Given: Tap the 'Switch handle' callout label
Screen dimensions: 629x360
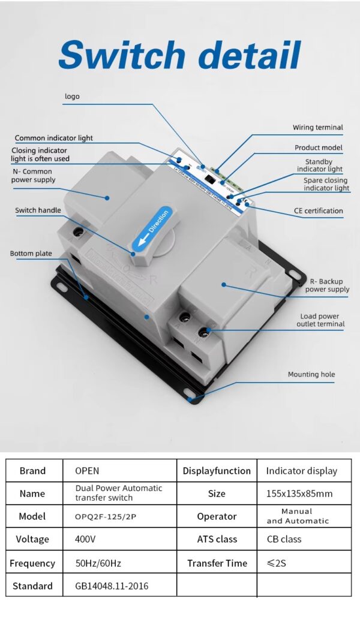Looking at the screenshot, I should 38,210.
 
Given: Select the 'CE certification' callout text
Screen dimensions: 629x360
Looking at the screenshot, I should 320,211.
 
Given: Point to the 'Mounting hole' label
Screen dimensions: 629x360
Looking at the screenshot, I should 311,375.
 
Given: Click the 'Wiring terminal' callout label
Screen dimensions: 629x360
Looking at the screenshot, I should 318,128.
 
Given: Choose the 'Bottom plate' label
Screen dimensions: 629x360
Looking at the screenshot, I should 31,254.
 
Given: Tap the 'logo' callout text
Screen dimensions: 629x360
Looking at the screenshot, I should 72,97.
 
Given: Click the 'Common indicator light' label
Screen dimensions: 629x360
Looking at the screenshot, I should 54,139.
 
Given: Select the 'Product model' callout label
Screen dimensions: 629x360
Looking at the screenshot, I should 319,148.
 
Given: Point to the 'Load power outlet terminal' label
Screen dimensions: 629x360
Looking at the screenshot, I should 320,320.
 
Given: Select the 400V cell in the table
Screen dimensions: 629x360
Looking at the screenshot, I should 85,539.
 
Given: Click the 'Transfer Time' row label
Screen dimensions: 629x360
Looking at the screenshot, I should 217,563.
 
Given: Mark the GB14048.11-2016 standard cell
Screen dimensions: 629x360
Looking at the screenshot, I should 112,586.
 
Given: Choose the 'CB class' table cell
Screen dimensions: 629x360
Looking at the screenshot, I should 284,539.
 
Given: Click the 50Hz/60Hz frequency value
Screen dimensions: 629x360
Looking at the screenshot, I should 98,563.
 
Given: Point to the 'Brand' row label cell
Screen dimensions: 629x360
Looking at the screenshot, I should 32,471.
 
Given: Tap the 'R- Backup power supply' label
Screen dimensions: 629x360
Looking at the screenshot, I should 327,285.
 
